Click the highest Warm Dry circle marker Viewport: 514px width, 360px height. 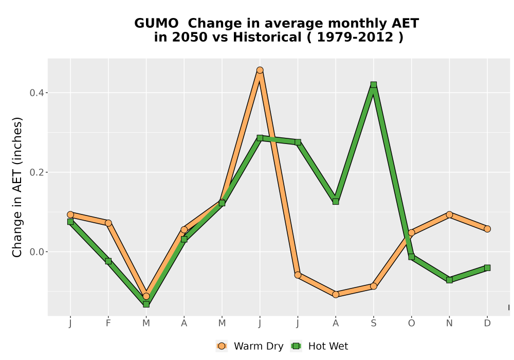[x=260, y=70]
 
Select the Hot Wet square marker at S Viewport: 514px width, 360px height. [x=373, y=84]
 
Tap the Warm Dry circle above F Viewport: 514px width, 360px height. [x=108, y=223]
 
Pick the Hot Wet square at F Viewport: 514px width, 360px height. [x=108, y=261]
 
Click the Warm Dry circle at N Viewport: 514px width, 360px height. [x=449, y=215]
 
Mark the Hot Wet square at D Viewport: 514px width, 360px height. [x=487, y=268]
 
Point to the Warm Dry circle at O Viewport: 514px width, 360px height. [x=411, y=233]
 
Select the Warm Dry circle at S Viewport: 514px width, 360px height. [x=373, y=286]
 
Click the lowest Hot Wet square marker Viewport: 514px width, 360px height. [x=146, y=304]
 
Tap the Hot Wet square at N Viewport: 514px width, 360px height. [x=449, y=280]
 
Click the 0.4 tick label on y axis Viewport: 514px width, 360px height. [x=36, y=93]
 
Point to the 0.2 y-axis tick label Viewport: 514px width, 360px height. [x=36, y=172]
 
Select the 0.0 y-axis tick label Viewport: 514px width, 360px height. [x=36, y=252]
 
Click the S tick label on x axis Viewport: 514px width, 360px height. [x=373, y=323]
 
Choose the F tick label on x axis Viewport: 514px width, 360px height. [x=108, y=323]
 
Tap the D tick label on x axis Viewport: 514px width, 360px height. [x=487, y=323]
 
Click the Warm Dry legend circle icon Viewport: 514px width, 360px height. [x=222, y=346]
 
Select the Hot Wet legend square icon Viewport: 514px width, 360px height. [x=297, y=346]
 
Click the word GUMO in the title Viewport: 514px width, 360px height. [x=156, y=23]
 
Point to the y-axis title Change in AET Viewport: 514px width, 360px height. [x=17, y=210]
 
